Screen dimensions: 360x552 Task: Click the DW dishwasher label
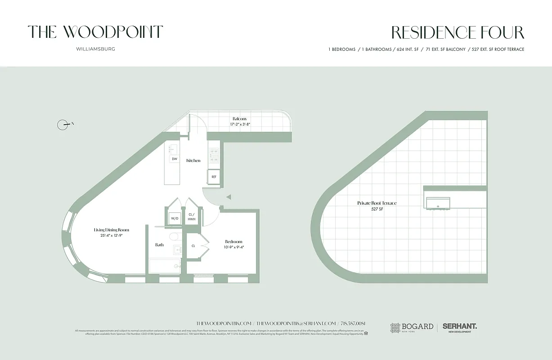coord(174,159)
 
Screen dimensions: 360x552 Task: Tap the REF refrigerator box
coord(214,176)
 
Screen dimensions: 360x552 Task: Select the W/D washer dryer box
coord(174,219)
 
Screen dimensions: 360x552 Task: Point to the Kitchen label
coord(193,161)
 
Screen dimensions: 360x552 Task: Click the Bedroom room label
coord(233,242)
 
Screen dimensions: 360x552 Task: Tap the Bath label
coord(159,245)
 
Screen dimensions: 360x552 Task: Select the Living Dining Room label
coord(112,230)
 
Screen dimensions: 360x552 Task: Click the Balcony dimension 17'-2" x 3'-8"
coord(240,124)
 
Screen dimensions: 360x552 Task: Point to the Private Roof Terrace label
coord(377,203)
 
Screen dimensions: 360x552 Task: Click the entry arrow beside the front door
coord(229,197)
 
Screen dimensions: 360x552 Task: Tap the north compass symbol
coord(63,125)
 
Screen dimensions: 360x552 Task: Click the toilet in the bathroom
coord(174,237)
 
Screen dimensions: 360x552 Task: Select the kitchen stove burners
coord(214,155)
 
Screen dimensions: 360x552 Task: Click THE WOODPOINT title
coord(95,32)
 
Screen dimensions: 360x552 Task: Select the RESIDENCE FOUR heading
coord(458,33)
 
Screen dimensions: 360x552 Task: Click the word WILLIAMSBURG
coord(95,49)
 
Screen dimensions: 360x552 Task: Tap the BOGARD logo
coord(412,327)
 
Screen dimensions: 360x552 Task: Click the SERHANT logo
coord(459,327)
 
